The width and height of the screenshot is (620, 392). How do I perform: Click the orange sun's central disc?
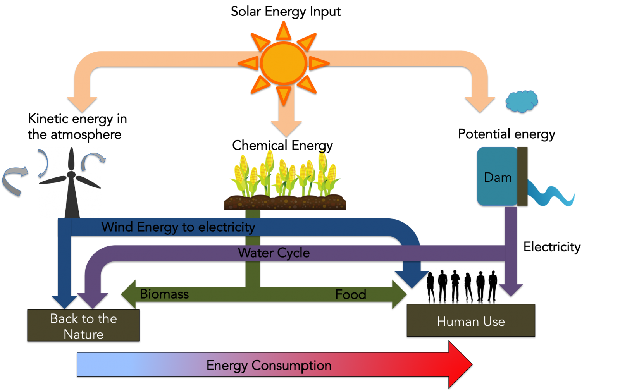(x=284, y=63)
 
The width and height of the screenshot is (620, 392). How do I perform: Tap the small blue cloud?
(x=522, y=101)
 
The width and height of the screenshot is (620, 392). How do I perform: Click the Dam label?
(x=498, y=177)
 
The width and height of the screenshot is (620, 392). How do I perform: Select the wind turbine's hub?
(x=71, y=175)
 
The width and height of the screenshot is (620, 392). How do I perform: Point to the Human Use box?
(x=471, y=321)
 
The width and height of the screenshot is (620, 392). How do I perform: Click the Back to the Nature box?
(x=83, y=326)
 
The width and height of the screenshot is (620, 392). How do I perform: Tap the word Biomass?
(x=164, y=294)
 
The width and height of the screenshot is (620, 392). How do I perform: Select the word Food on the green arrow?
(x=351, y=294)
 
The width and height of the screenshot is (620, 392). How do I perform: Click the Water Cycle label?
(x=274, y=253)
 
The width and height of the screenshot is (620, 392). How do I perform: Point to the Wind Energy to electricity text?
(x=178, y=227)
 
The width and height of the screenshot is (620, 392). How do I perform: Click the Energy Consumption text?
(x=269, y=365)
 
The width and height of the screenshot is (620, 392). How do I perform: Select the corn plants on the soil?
(x=285, y=174)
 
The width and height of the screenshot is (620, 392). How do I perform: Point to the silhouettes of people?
(x=462, y=286)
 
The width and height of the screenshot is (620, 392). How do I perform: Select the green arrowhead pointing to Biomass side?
(x=129, y=294)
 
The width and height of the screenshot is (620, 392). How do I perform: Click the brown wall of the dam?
(x=522, y=176)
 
